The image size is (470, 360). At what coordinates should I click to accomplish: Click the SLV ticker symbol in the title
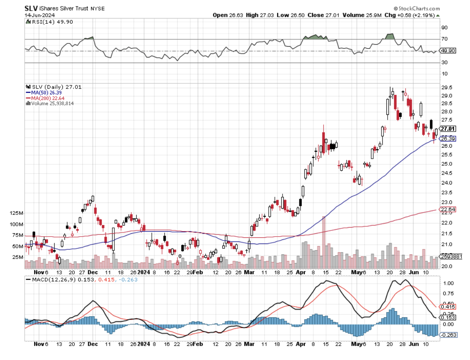point(31,8)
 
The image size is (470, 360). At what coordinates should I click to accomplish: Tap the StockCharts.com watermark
point(417,8)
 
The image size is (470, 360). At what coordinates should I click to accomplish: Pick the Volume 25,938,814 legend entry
point(51,103)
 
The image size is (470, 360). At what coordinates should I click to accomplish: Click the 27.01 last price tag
point(445,129)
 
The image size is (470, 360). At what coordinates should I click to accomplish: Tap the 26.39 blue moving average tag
point(446,139)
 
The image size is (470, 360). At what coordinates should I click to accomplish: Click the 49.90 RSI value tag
point(446,51)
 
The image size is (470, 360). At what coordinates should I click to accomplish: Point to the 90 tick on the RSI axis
point(444,27)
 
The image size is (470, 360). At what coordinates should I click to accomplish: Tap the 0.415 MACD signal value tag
point(446,307)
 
